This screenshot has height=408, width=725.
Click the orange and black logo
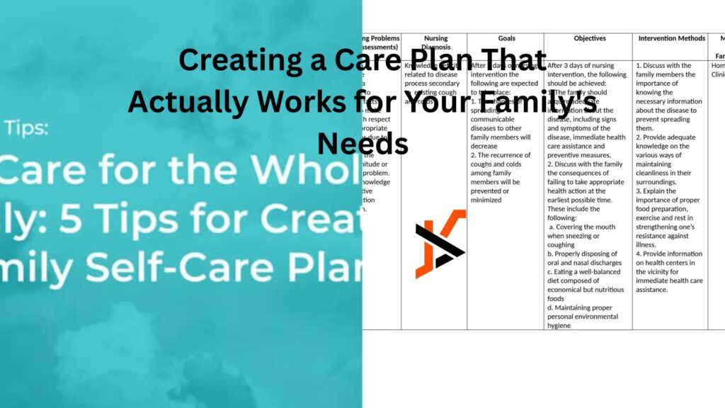tap(440, 244)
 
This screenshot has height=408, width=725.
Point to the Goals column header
tap(506, 38)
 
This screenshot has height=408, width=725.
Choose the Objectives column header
tap(589, 38)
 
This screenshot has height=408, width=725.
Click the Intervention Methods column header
tap(670, 38)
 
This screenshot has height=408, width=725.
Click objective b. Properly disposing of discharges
tap(586, 259)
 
